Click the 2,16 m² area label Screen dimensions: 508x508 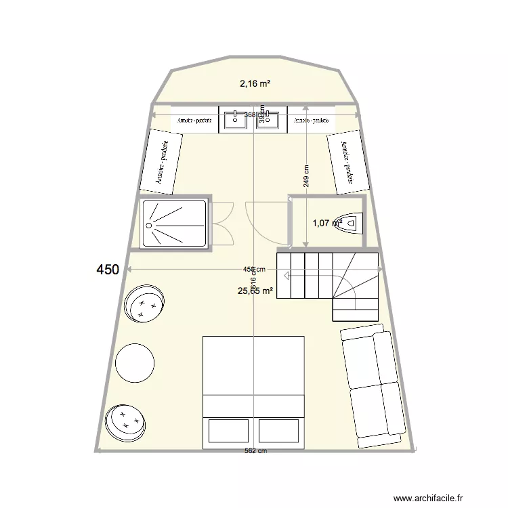255,84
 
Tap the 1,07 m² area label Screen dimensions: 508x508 326,222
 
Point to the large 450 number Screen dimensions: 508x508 108,270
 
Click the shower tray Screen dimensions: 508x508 174,223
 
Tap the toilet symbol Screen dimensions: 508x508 353,221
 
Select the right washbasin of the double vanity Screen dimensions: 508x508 272,119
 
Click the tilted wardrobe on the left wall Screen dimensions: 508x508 162,162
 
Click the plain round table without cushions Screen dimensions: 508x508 135,363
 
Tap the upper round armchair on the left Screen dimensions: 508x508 145,302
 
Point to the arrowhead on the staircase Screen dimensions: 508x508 287,276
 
